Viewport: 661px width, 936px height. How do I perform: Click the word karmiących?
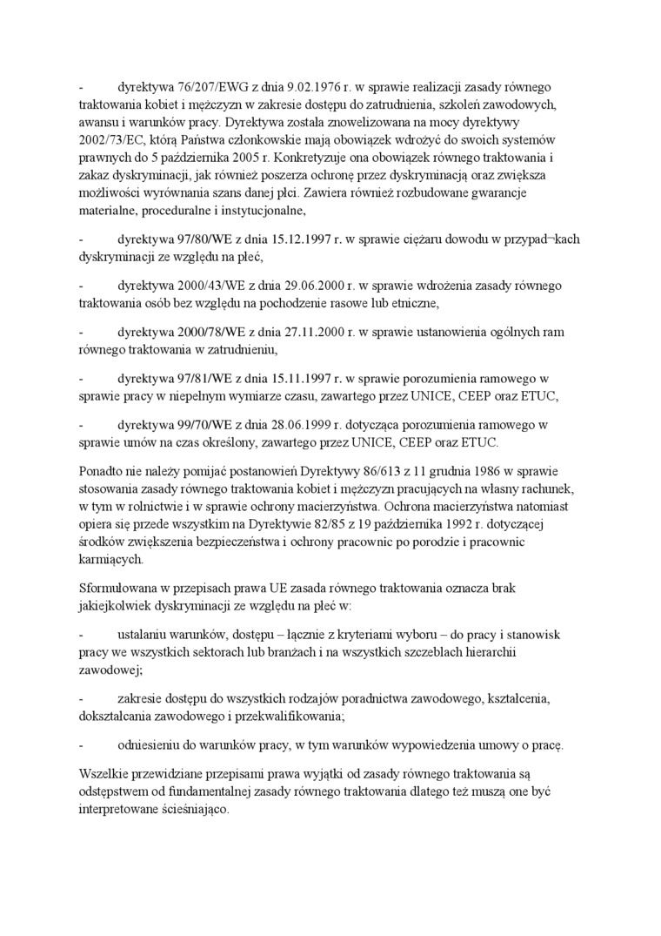point(111,559)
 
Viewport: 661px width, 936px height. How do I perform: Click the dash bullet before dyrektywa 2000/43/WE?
point(81,286)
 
